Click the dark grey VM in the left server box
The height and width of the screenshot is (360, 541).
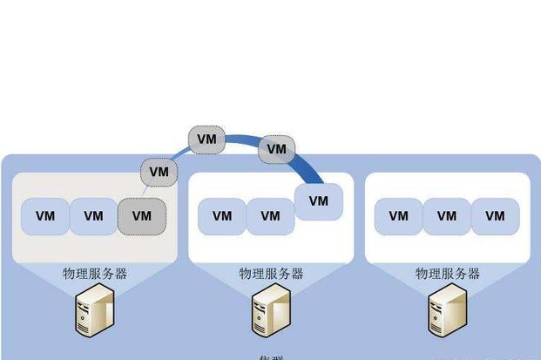[x=140, y=216]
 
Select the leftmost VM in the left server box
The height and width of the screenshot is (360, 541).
[x=44, y=216]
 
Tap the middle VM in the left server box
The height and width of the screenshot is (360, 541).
[x=92, y=216]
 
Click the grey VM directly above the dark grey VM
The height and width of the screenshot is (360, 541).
[x=159, y=171]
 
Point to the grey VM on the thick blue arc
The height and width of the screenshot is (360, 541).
[x=277, y=149]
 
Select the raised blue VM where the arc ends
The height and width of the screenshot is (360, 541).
[x=319, y=200]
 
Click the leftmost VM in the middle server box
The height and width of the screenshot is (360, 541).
[x=222, y=216]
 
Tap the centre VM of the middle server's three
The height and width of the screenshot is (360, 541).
[x=271, y=216]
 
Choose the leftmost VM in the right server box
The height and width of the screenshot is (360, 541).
[x=399, y=216]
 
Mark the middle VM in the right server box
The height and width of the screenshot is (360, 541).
[x=447, y=216]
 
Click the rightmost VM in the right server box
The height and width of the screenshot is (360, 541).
[x=495, y=216]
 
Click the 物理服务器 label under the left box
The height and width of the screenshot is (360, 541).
[x=95, y=273]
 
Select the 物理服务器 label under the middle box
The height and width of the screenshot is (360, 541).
[x=271, y=273]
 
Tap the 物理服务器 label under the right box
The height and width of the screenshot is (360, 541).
[x=447, y=273]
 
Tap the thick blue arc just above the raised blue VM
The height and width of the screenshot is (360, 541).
[x=310, y=173]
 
